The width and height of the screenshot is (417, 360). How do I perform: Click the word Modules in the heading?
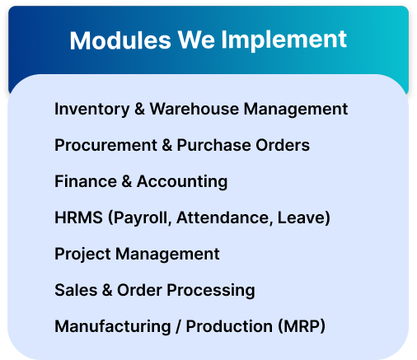tap(120, 40)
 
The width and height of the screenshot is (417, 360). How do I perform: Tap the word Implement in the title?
tap(284, 40)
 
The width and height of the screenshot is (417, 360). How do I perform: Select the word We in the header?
tap(196, 40)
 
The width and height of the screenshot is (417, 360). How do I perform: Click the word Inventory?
tap(91, 110)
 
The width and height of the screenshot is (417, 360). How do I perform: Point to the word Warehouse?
tap(194, 109)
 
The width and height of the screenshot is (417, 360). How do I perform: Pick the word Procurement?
tap(105, 145)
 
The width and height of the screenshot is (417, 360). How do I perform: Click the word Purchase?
tap(214, 145)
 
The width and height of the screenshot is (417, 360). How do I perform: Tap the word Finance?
tap(86, 181)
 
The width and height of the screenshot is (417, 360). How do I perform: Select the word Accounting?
tap(182, 182)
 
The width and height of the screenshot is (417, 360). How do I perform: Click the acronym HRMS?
tap(78, 217)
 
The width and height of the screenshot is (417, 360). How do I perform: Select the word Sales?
tap(76, 290)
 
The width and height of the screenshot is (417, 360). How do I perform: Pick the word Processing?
tap(211, 291)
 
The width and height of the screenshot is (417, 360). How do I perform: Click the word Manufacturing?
tap(113, 327)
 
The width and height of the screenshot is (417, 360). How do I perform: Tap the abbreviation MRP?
tap(302, 326)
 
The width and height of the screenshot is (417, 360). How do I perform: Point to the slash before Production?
tap(179, 326)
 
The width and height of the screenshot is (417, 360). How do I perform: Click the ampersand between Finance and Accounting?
tap(127, 181)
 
